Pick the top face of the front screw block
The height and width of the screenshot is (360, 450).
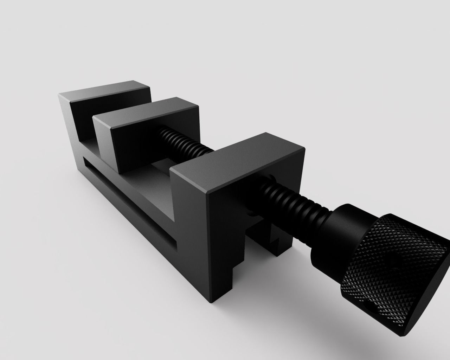(x=239, y=160)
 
